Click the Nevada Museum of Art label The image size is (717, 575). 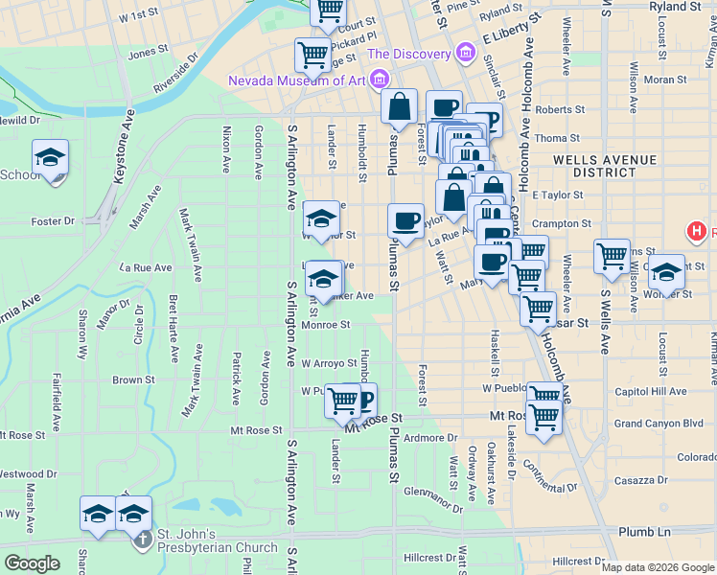(297, 80)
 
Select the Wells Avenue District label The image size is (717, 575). (594, 165)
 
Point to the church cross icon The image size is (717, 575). (142, 540)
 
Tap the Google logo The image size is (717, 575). (32, 563)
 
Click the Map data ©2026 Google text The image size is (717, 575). (658, 567)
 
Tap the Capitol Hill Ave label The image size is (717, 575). (651, 391)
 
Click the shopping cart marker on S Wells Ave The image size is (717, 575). (612, 256)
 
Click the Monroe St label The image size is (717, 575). (326, 325)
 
